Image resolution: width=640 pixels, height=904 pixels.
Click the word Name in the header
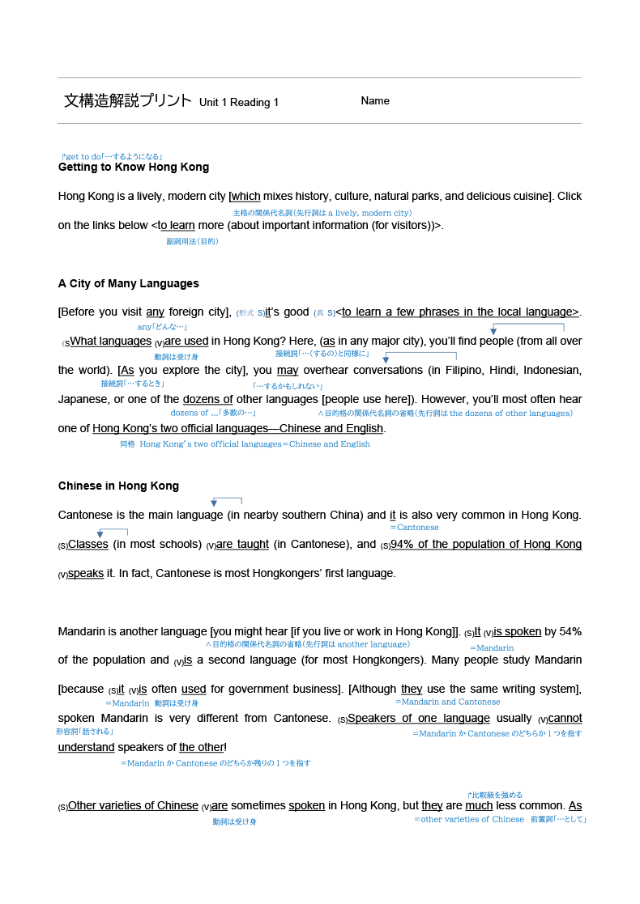(375, 101)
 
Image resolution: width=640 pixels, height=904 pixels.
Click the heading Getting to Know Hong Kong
(134, 168)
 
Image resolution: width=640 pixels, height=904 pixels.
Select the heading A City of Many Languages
(128, 284)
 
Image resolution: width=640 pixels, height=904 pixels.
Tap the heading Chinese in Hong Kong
(118, 486)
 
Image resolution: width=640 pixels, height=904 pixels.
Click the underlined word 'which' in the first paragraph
(246, 197)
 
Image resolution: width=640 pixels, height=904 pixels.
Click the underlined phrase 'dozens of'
(207, 400)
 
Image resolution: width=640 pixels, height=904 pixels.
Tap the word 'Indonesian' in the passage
(548, 371)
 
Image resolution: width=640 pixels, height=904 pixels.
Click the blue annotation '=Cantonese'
(414, 528)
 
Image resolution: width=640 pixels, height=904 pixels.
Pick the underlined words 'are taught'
(242, 545)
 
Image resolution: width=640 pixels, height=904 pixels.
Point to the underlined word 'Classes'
(88, 545)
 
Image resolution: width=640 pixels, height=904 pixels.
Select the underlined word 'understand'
(86, 748)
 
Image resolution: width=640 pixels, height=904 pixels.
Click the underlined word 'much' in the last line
(479, 806)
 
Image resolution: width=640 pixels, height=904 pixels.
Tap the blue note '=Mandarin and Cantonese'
(447, 702)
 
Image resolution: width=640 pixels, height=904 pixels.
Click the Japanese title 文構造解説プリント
(127, 101)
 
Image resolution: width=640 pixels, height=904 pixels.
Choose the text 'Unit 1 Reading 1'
(238, 103)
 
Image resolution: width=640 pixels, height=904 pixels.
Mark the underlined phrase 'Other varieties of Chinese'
(133, 806)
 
